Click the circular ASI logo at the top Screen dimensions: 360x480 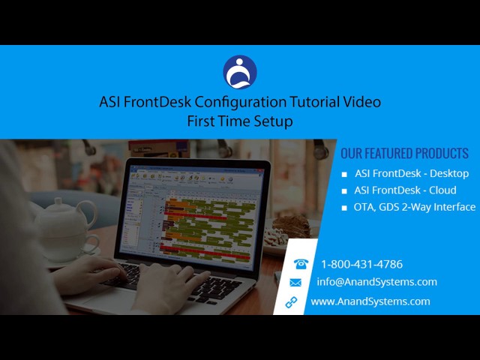[240, 72]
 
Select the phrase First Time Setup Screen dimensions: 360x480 [240, 121]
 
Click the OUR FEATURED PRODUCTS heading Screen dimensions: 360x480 [404, 154]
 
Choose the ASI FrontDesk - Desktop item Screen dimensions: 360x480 [412, 173]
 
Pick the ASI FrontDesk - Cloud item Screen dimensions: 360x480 [405, 190]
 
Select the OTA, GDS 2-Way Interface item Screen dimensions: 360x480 [415, 207]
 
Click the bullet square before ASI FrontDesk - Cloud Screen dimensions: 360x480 [345, 191]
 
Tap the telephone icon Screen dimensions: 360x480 [301, 264]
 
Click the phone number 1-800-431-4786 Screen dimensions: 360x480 [361, 264]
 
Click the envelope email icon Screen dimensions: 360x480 [295, 283]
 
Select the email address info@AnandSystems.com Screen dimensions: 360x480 [376, 282]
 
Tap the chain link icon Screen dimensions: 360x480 [292, 301]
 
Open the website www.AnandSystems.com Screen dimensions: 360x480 [370, 301]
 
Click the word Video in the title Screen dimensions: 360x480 [362, 102]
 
